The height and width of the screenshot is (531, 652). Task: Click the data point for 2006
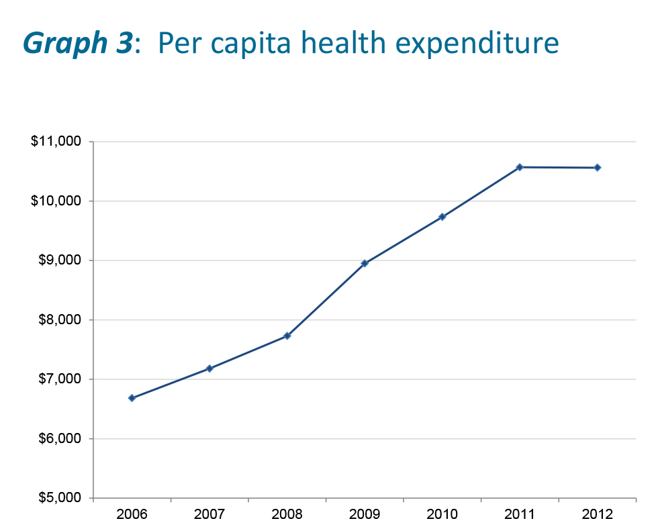132,398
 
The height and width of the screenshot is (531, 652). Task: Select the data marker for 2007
209,369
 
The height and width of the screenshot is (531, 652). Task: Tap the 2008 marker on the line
287,336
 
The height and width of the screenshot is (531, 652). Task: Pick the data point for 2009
365,263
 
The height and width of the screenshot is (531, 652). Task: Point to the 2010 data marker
442,217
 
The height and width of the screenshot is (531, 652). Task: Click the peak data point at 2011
520,167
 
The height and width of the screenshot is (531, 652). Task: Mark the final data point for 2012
597,168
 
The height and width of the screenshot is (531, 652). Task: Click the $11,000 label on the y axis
56,142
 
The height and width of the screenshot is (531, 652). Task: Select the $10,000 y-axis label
56,201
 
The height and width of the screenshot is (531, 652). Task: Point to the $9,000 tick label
59,260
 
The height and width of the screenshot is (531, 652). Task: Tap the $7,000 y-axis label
59,379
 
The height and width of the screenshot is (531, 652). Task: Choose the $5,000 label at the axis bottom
59,498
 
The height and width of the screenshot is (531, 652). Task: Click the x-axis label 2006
132,515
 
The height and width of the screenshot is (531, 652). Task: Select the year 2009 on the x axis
365,515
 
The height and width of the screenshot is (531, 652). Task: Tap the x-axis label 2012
597,515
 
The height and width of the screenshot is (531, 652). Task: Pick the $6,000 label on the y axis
59,439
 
